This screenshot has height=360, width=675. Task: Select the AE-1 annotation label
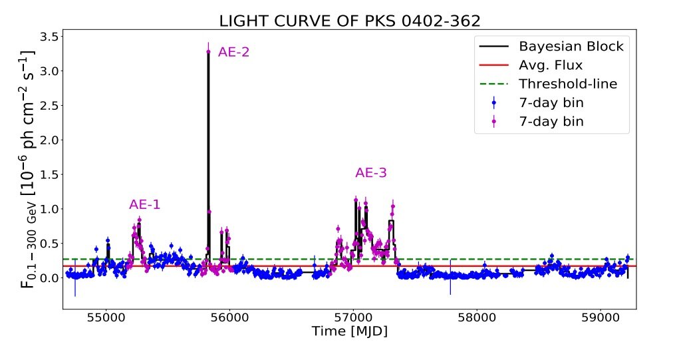(145, 205)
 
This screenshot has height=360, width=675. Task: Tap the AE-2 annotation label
(234, 52)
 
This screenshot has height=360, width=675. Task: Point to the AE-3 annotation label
(371, 173)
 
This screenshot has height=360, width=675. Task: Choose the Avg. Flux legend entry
(551, 65)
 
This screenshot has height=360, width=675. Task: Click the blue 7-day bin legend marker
(493, 103)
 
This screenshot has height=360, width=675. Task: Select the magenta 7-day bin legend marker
(493, 122)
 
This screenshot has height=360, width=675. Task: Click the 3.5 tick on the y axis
(49, 36)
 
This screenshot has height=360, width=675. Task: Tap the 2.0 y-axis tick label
(49, 140)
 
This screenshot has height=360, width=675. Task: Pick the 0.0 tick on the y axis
(49, 277)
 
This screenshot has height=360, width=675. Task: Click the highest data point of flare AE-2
(209, 52)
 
